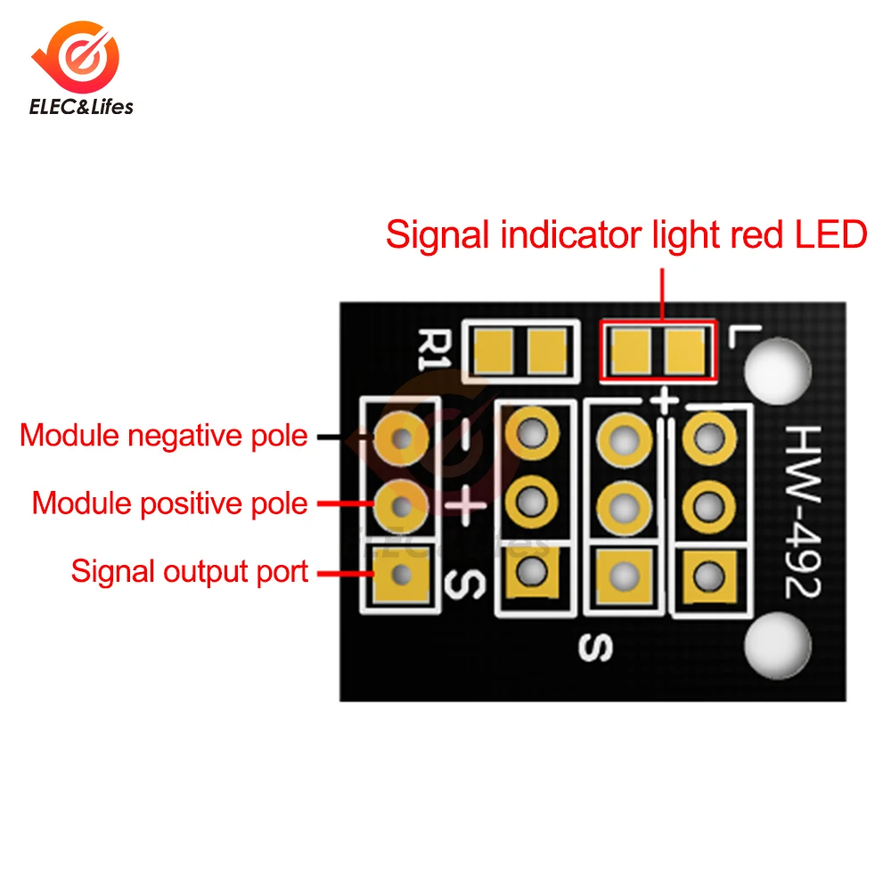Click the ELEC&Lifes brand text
(81, 107)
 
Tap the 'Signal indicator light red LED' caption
(625, 236)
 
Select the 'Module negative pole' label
(164, 437)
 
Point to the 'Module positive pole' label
(169, 503)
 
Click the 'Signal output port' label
(189, 571)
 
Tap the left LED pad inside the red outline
(631, 350)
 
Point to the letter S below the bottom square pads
(593, 649)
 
